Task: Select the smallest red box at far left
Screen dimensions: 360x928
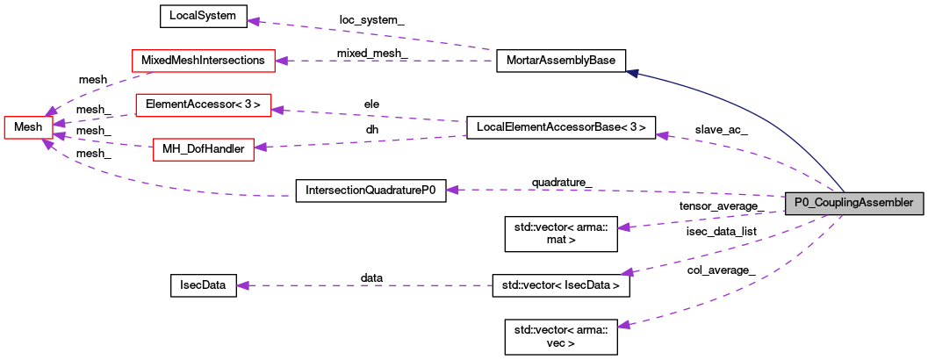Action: [28, 127]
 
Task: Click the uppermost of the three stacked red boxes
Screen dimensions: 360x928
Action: [203, 61]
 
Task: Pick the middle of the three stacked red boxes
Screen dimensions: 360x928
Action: [203, 104]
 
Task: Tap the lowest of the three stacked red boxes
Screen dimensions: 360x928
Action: [203, 149]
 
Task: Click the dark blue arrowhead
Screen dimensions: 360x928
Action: [631, 74]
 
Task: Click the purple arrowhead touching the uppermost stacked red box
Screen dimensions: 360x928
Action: [281, 61]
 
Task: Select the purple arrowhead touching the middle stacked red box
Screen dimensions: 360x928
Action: [277, 110]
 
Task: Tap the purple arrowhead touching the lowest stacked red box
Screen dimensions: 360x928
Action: [260, 147]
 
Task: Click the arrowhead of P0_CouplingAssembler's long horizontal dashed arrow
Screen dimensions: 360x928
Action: [452, 190]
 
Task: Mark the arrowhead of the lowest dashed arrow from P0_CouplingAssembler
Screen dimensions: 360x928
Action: [623, 325]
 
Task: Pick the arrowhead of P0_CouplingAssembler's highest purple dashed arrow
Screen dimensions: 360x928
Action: [662, 135]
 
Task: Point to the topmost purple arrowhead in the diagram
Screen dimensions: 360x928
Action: [253, 21]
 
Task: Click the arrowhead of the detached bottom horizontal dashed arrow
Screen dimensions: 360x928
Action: [243, 285]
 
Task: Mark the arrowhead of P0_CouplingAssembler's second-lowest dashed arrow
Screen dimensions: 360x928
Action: [627, 273]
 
